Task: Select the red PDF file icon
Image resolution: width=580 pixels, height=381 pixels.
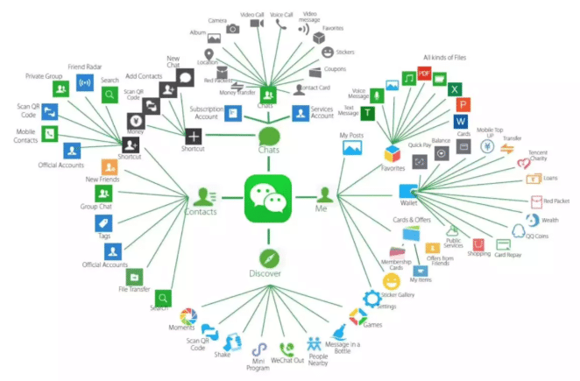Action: tap(426, 74)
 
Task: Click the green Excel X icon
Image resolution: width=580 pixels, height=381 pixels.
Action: tap(455, 88)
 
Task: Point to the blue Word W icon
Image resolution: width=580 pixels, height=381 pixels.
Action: tap(461, 120)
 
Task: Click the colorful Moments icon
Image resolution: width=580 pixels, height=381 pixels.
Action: tap(187, 316)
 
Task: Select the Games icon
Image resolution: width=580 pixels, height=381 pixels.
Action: tap(357, 316)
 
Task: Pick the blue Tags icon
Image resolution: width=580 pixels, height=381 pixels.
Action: tap(103, 223)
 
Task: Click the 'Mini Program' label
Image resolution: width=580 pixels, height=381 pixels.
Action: tap(259, 361)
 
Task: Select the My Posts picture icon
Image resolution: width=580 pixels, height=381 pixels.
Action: tap(352, 149)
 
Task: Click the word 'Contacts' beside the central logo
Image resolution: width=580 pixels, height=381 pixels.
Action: tap(201, 211)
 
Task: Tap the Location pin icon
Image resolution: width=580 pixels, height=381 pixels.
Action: tap(210, 53)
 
